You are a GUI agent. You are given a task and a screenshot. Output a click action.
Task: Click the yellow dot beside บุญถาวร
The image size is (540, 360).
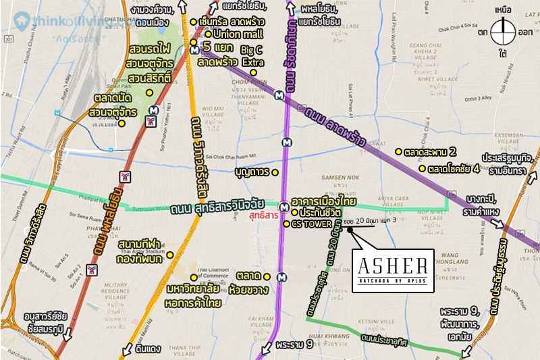[x=276, y=172]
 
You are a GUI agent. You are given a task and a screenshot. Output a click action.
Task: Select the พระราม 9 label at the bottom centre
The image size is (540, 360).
[x=294, y=345]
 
